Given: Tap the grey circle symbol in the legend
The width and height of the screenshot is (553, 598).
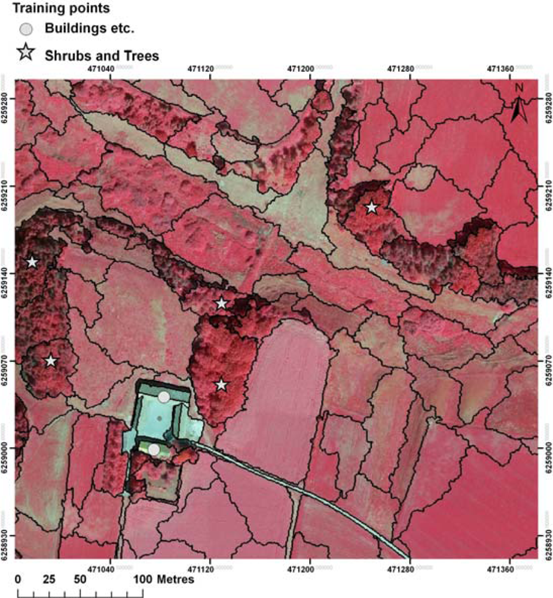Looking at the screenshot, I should pyautogui.click(x=26, y=29).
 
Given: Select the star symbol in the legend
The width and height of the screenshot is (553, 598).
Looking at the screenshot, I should pyautogui.click(x=26, y=54).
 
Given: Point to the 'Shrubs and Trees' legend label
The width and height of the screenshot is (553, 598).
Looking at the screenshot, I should pyautogui.click(x=102, y=56).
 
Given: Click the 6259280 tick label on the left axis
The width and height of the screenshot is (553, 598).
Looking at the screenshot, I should pyautogui.click(x=5, y=93).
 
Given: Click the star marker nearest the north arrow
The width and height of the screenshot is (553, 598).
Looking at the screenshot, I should pyautogui.click(x=372, y=208).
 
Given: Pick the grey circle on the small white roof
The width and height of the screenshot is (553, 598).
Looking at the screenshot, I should pyautogui.click(x=154, y=449).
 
